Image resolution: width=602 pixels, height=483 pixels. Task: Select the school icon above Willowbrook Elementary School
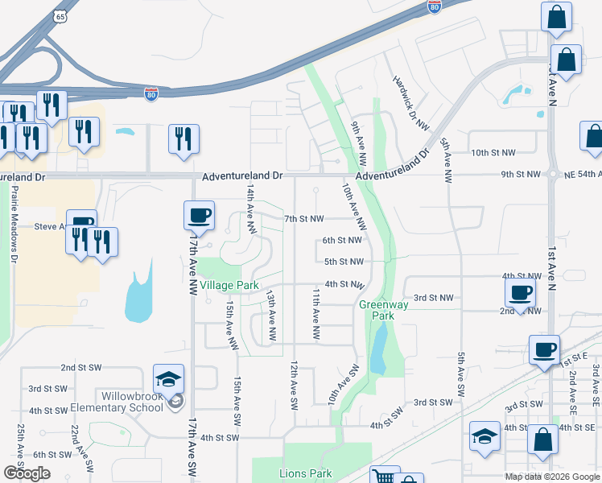pos(169,379)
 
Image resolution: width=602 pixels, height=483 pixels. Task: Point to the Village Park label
pos(229,286)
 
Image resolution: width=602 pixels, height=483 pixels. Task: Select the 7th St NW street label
pos(304,219)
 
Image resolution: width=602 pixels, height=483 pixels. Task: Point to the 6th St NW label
pos(342,240)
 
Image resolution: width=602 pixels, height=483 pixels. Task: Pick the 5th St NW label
pos(344,262)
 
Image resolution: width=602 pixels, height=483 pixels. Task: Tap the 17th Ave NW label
pos(192,266)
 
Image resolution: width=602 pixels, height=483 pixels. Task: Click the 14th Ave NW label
pos(251,209)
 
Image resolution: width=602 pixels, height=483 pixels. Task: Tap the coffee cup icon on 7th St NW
pos(199,215)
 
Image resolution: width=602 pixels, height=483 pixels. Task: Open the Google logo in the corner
pos(27,473)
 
